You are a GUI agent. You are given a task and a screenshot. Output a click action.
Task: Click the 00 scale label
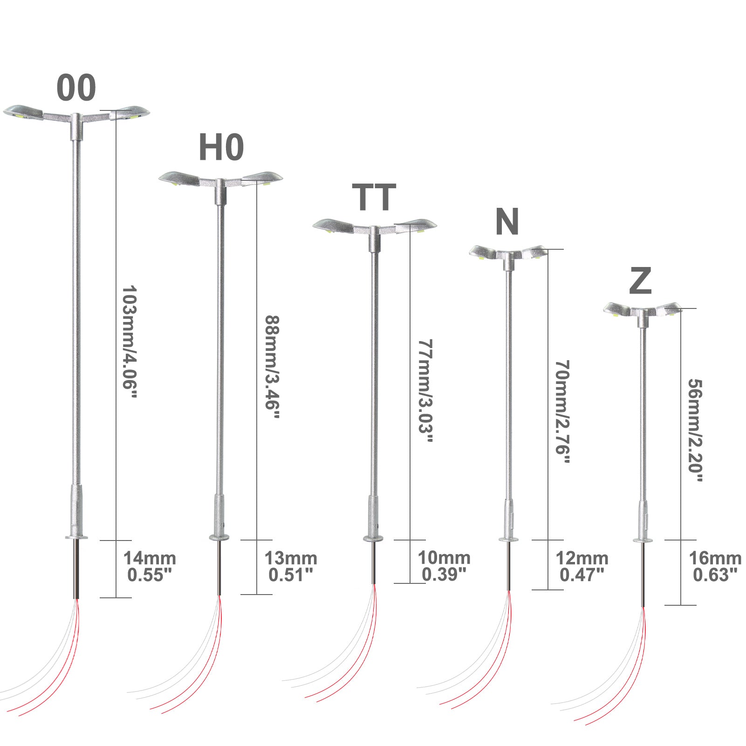coord(76,88)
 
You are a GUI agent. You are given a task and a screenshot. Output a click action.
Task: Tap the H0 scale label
coord(221,147)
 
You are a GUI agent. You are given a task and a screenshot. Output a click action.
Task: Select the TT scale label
coord(374,197)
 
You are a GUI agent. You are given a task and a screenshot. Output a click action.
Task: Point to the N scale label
coord(507,222)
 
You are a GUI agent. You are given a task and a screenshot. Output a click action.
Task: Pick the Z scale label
coord(640,281)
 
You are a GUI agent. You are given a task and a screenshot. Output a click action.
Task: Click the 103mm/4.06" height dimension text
coord(130,342)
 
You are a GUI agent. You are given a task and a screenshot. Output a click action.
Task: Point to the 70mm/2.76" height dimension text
coord(562,411)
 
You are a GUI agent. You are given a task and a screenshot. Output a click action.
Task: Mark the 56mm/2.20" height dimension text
coord(695,430)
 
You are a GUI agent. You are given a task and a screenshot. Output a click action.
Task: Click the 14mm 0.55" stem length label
coord(150,566)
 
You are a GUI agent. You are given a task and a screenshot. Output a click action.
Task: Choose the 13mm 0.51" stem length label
coord(291,566)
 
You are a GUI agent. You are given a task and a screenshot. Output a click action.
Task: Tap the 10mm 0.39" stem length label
coord(444,566)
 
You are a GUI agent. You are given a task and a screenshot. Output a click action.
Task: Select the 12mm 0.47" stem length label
coord(582,566)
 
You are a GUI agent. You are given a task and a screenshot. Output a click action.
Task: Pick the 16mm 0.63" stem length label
coord(715,566)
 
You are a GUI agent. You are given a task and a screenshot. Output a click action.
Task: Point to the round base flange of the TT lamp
coord(373,539)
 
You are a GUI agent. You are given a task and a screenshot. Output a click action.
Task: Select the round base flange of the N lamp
coord(509,540)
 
